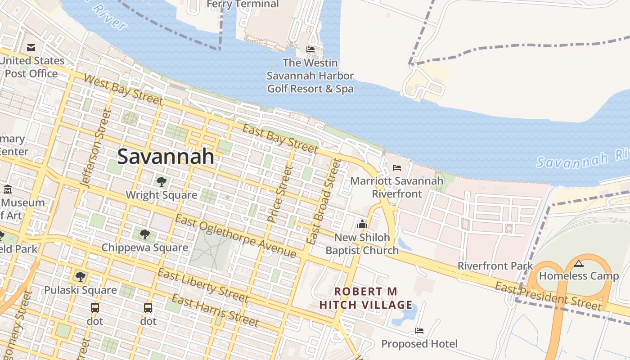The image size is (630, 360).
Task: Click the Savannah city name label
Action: click(166, 157)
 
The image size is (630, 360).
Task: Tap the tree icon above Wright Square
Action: click(161, 182)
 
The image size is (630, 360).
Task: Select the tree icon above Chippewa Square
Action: click(144, 234)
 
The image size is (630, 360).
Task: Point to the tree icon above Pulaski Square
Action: click(81, 276)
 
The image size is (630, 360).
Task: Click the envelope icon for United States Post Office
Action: click(31, 47)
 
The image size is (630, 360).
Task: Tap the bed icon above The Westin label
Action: click(310, 49)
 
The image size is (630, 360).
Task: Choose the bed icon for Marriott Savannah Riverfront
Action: click(396, 168)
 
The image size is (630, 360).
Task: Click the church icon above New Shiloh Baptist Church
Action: click(362, 224)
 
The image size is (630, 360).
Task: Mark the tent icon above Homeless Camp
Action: click(579, 263)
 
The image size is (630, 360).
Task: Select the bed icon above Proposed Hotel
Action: click(419, 331)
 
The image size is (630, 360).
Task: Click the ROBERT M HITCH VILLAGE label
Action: click(366, 298)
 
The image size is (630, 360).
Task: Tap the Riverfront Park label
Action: click(495, 266)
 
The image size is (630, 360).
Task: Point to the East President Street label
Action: click(548, 296)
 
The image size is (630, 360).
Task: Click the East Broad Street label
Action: click(324, 202)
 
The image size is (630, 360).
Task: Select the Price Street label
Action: click(280, 194)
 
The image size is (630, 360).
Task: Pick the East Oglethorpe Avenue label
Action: click(236, 237)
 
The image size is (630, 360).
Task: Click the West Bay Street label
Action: click(122, 88)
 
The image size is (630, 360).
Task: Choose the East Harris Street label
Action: click(215, 310)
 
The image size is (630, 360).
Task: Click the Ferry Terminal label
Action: click(243, 4)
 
